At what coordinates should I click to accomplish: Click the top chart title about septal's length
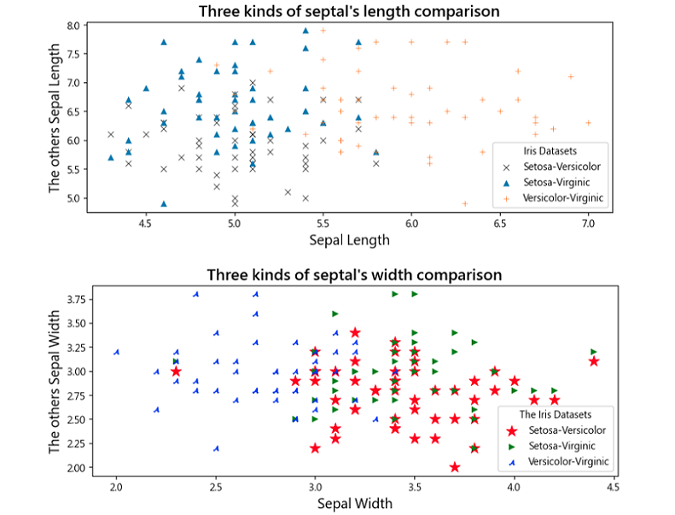[x=348, y=11]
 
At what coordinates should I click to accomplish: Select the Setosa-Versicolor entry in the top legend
[x=561, y=167]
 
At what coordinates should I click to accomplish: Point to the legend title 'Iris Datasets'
[x=551, y=149]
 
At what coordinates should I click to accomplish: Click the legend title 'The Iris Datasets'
[x=555, y=413]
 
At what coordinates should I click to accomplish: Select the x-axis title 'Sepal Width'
[x=354, y=503]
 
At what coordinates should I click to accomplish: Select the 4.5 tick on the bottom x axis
[x=613, y=487]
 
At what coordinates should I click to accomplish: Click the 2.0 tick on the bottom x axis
[x=116, y=487]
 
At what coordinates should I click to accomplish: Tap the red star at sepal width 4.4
[x=594, y=361]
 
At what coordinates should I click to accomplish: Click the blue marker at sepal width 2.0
[x=116, y=352]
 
